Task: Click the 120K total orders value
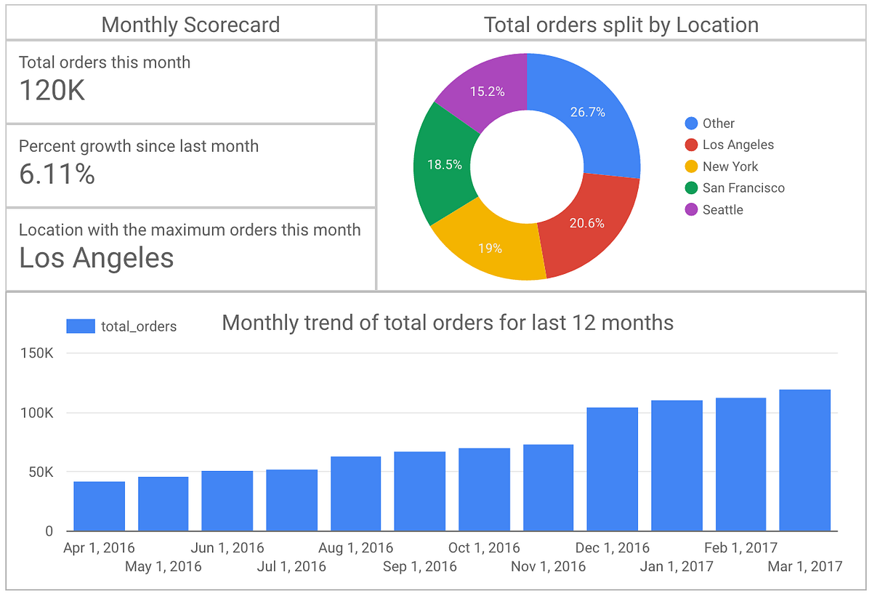point(52,90)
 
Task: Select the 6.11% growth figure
point(57,174)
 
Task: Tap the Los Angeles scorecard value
point(96,258)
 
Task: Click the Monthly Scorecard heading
point(190,25)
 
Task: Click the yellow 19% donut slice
point(490,248)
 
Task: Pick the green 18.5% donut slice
point(444,165)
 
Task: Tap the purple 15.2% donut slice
point(487,92)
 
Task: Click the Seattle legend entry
point(722,209)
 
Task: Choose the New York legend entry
point(730,166)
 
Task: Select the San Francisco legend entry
point(743,188)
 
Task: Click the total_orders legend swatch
point(81,326)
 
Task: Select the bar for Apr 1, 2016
point(99,506)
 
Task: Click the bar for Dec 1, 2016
point(612,469)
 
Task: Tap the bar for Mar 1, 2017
point(804,460)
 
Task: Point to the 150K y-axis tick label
point(38,353)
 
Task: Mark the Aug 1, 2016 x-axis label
point(356,547)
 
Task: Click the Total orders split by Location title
point(621,25)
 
